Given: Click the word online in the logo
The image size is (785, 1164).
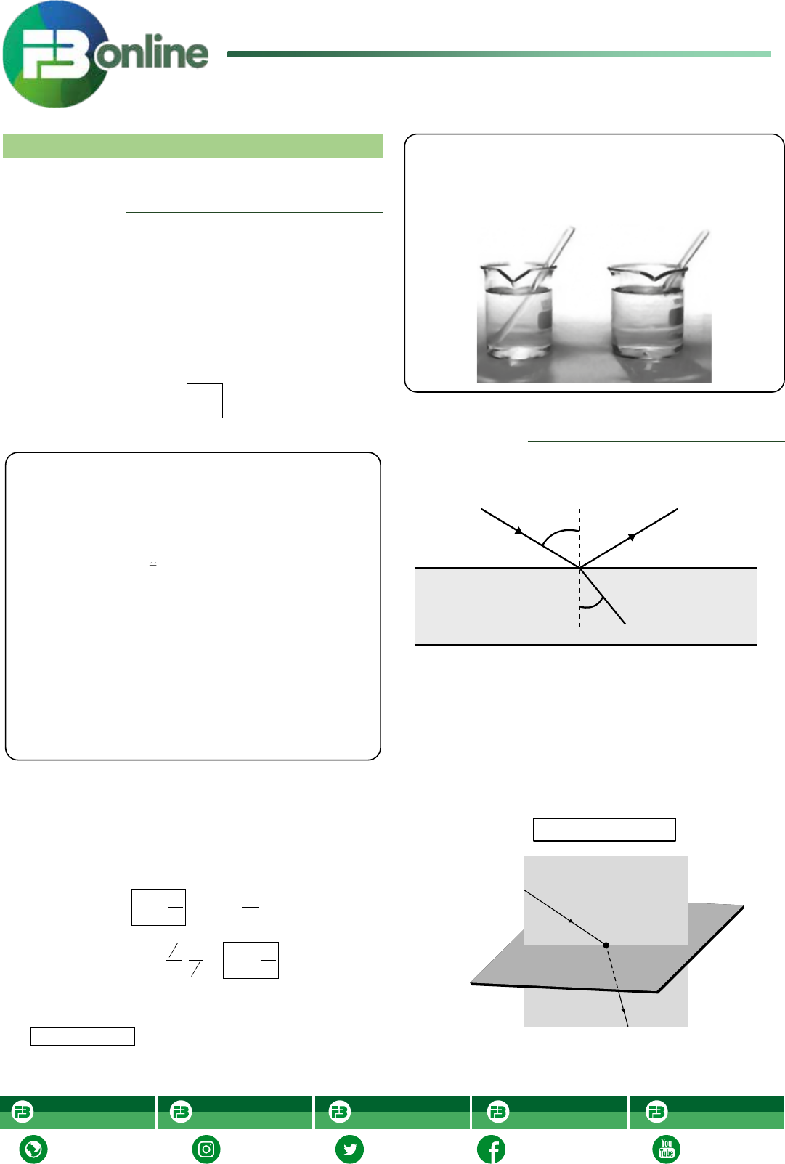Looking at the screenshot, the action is [151, 52].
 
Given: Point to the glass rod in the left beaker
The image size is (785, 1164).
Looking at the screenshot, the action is [535, 283].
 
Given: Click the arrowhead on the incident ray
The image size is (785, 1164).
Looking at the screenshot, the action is [518, 531].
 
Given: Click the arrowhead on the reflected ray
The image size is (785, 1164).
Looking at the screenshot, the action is [633, 537].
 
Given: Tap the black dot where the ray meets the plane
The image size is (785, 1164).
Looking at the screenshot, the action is [606, 945].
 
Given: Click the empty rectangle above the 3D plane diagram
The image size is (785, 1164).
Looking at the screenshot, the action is [604, 829].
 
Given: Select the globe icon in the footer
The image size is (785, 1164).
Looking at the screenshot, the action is [33, 1149].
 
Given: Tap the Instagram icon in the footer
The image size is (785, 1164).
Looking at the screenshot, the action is [206, 1149].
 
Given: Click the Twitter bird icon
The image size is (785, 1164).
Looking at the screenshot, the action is [349, 1149].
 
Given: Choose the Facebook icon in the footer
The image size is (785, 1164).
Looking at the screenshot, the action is [492, 1149].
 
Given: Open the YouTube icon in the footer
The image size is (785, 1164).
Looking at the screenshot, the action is [666, 1149].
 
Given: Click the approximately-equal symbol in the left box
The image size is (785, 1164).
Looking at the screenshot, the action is [152, 563].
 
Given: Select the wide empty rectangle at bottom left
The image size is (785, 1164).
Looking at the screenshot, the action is [83, 1036].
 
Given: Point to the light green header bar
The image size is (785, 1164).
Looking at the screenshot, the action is [192, 145].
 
